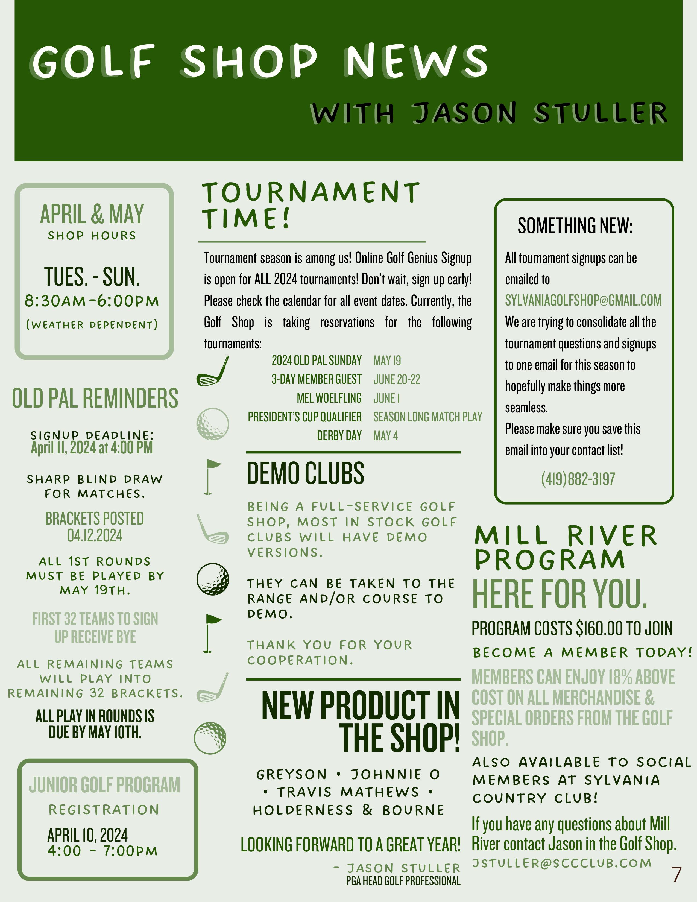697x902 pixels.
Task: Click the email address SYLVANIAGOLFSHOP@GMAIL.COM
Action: [583, 300]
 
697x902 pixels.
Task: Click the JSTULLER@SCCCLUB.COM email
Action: [562, 863]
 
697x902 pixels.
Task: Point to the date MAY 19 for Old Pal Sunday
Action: [387, 361]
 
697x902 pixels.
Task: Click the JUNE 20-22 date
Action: [396, 379]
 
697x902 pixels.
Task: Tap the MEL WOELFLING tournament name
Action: [329, 398]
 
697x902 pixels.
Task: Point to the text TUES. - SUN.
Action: [92, 276]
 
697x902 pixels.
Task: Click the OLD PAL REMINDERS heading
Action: [95, 398]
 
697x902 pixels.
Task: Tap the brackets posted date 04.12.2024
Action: [95, 536]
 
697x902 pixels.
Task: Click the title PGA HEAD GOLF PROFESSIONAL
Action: [403, 881]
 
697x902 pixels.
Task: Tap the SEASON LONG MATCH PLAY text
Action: [427, 417]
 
